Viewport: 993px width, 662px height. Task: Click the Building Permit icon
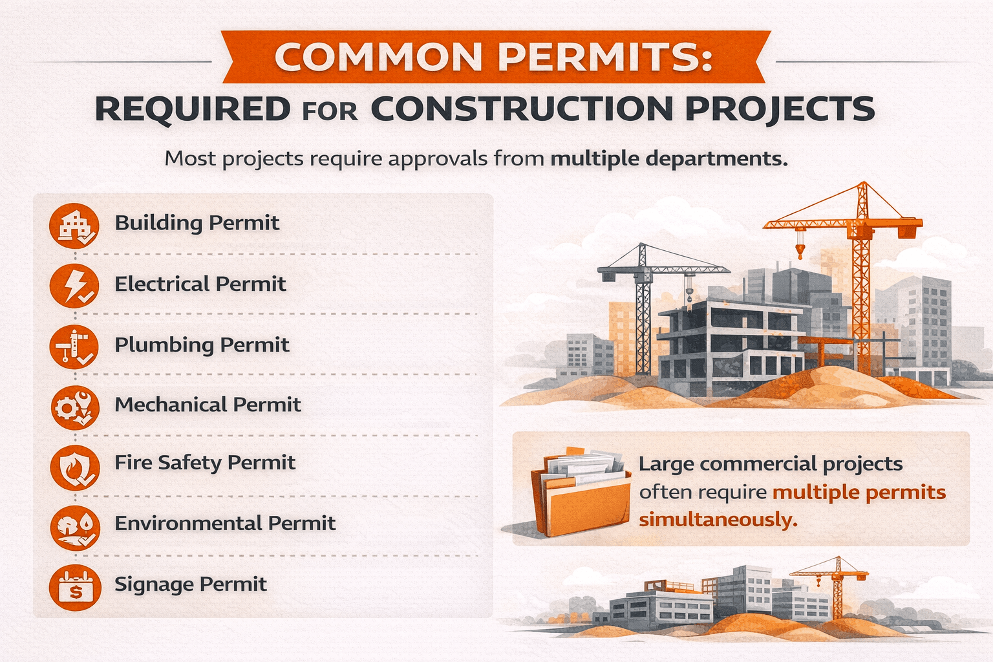74,226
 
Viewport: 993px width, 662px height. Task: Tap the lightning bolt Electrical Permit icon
74,286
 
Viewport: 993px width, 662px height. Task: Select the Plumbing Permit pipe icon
74,347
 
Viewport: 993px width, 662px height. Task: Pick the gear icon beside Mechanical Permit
74,407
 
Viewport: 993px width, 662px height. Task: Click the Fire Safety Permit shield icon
74,467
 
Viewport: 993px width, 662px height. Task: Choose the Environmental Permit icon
74,526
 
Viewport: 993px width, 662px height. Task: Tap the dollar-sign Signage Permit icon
74,587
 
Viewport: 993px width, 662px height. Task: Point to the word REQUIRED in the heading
193,109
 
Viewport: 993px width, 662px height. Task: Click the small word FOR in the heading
329,111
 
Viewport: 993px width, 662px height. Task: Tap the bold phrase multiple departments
668,158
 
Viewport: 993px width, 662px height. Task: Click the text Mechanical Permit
208,405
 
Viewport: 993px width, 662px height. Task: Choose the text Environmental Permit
225,523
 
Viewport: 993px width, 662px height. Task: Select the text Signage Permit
191,584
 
